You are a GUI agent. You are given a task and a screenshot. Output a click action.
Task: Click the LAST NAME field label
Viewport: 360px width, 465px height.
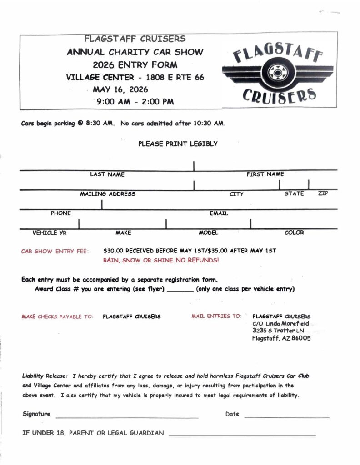pos(107,174)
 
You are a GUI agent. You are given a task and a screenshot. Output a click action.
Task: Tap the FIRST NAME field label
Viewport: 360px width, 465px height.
pos(265,174)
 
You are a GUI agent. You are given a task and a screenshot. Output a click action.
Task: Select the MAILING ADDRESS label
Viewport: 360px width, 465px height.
pos(108,194)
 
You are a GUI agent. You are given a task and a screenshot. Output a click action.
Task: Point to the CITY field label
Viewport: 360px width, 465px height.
pos(236,194)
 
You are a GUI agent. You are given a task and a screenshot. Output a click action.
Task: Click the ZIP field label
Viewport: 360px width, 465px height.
pos(323,194)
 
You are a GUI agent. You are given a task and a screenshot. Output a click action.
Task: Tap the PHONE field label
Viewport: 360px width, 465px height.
pos(60,213)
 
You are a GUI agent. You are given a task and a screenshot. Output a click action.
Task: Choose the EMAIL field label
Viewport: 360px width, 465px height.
pos(219,213)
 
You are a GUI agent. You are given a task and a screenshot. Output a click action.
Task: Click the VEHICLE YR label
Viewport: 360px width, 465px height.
pos(50,232)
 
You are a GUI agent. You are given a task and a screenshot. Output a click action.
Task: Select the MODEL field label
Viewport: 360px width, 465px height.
pos(208,232)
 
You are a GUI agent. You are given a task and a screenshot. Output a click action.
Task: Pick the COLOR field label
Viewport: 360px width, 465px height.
pos(294,232)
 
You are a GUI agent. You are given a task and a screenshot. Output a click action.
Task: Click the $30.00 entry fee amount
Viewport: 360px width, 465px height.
pos(113,251)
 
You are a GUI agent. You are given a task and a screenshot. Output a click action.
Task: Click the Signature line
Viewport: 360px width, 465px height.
pos(127,416)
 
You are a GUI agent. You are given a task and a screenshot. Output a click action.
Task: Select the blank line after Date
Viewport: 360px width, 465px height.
pos(286,416)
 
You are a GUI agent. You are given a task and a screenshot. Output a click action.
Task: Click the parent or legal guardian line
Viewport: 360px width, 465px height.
pos(242,435)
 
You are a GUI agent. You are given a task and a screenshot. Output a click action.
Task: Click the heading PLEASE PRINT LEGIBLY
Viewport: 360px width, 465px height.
pos(178,144)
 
